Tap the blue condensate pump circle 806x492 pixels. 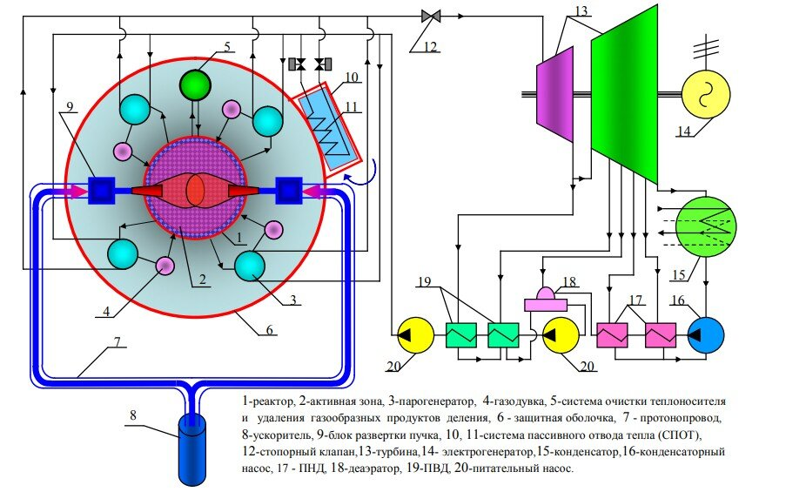click(x=706, y=334)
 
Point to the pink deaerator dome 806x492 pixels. click(x=546, y=293)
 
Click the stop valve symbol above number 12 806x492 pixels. click(x=430, y=17)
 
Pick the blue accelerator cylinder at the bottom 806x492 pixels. click(x=191, y=449)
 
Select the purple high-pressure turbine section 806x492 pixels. click(x=554, y=94)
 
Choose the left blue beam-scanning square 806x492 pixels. click(x=101, y=191)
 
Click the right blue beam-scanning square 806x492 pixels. click(x=289, y=191)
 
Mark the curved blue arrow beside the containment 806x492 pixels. click(x=366, y=174)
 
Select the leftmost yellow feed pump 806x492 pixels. click(x=415, y=335)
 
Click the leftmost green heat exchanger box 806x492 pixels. click(x=460, y=335)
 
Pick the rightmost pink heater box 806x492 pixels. click(x=661, y=335)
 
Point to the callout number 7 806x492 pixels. click(x=118, y=342)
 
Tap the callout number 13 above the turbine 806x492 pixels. click(x=581, y=10)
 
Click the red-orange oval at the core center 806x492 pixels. click(x=195, y=190)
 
